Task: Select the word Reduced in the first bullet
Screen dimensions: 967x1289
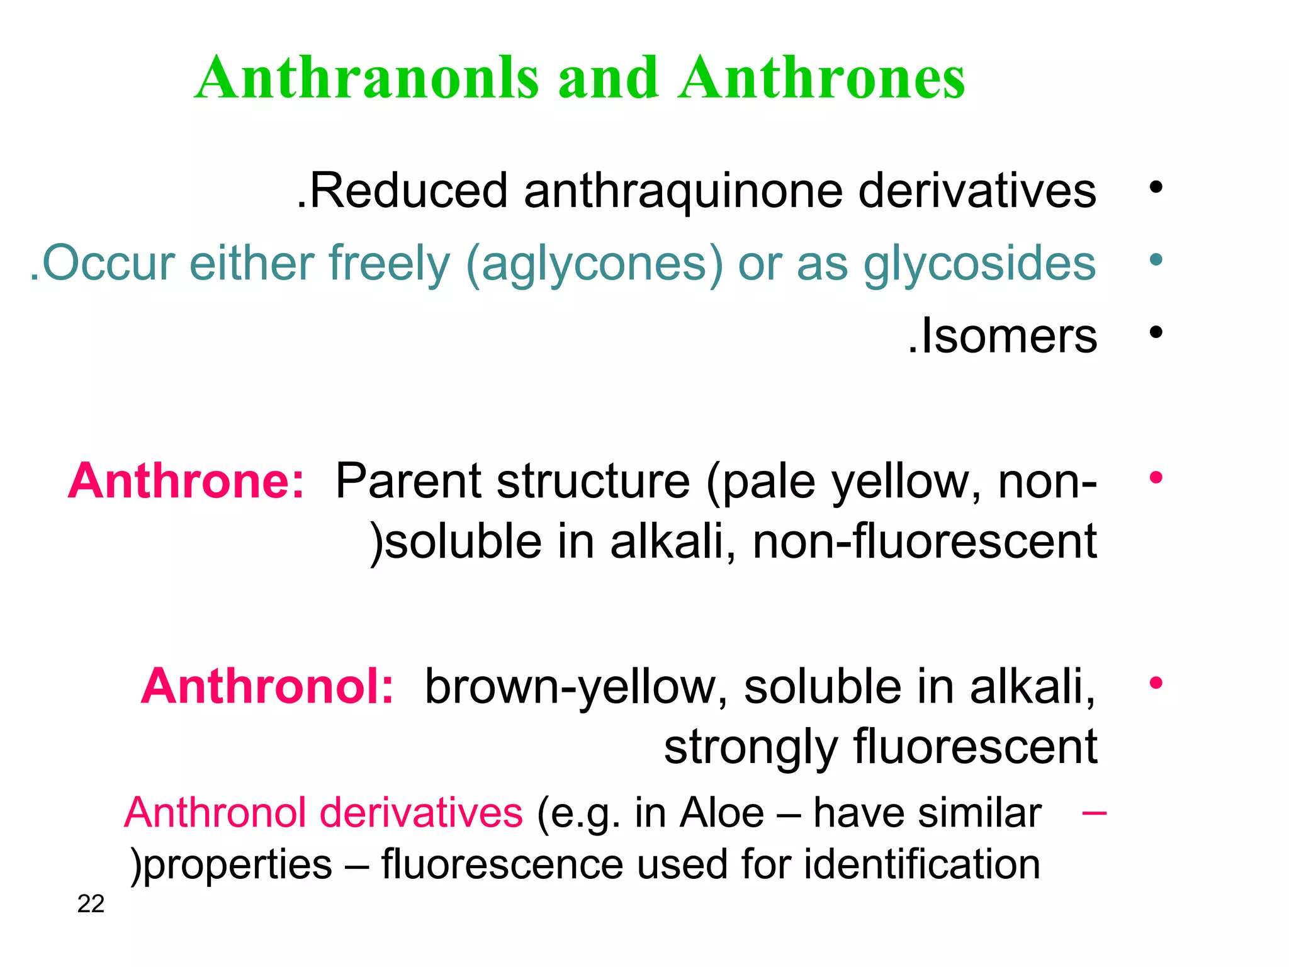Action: click(x=408, y=190)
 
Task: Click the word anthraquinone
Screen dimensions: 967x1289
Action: click(x=684, y=191)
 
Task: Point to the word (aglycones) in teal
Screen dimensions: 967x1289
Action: click(x=595, y=264)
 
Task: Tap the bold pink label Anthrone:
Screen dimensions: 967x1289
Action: click(x=186, y=481)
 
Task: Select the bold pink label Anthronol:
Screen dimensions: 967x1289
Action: click(x=267, y=686)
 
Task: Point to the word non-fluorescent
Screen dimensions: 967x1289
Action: click(x=925, y=541)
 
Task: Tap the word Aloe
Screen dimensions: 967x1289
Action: click(x=722, y=813)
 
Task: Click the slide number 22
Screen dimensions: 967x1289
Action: click(x=91, y=904)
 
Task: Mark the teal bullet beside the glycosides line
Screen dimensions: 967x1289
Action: click(x=1156, y=259)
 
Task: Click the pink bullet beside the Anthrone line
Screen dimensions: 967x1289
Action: click(x=1156, y=478)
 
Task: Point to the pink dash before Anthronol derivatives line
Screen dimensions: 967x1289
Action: click(x=1094, y=813)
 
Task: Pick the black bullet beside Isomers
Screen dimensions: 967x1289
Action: click(x=1156, y=332)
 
